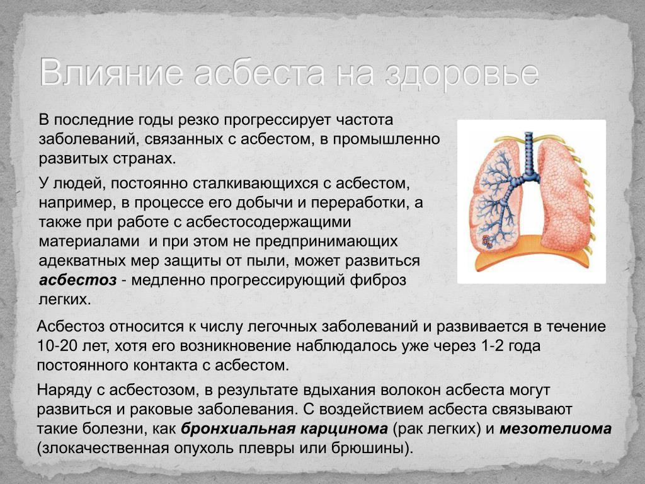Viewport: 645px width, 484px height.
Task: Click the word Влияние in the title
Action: coord(111,73)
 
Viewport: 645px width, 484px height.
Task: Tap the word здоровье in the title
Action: coord(462,74)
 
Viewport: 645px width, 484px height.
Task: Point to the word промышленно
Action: coord(386,139)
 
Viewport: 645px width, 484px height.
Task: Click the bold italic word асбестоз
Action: coord(77,280)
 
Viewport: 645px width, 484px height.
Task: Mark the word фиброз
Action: coord(378,280)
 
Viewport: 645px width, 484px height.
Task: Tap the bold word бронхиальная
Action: coord(237,429)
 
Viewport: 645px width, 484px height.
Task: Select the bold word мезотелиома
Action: coord(556,429)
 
